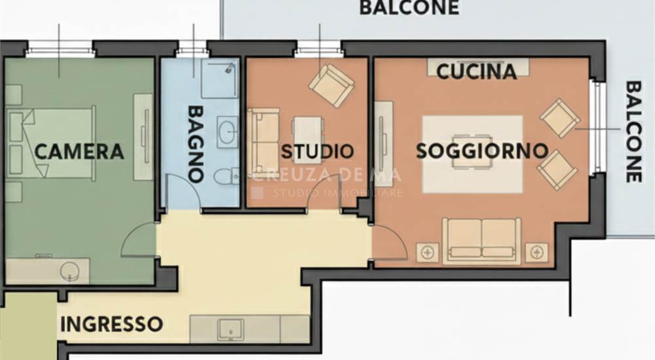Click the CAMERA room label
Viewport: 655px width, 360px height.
pos(79,152)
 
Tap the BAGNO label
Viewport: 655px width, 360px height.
pos(195,143)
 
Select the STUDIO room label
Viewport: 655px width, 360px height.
pos(317,152)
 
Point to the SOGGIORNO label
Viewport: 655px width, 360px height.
pos(482,151)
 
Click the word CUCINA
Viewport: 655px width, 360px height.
pos(476,71)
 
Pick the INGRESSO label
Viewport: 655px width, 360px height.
pos(111,323)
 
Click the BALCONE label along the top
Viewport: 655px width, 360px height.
pos(409,9)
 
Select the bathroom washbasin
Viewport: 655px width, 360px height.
pos(227,131)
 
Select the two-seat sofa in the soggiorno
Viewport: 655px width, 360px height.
pos(481,240)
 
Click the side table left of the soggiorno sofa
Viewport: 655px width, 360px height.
pos(428,251)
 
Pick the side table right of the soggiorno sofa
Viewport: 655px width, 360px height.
pos(536,251)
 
